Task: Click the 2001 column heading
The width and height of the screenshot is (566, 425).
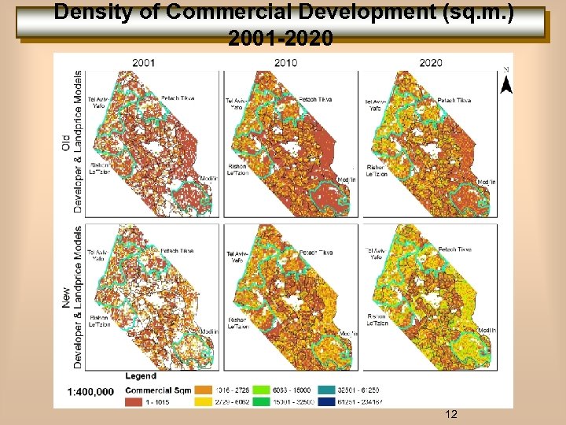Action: tap(143, 61)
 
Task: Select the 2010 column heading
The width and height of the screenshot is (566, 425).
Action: tap(286, 61)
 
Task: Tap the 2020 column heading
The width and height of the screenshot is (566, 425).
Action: tap(430, 61)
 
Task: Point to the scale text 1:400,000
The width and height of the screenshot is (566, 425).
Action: tap(90, 391)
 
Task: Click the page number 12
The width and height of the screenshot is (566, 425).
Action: tap(451, 414)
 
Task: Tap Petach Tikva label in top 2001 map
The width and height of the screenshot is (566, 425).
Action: tap(178, 98)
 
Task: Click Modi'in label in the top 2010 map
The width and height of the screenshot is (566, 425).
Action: tap(346, 180)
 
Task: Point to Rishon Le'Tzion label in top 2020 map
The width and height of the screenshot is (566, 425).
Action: tap(377, 171)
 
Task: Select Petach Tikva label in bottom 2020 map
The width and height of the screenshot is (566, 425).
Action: tap(454, 249)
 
